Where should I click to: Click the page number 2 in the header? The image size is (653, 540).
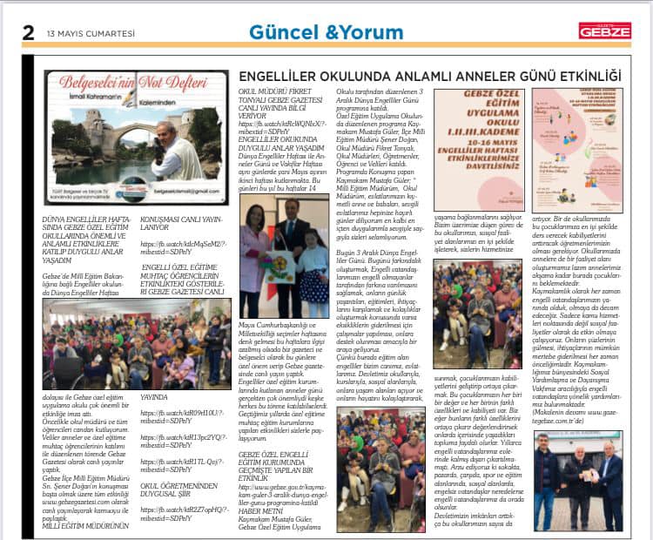[28, 32]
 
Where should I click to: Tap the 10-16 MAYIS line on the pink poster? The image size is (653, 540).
[478, 141]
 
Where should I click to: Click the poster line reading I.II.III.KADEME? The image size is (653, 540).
[478, 130]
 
